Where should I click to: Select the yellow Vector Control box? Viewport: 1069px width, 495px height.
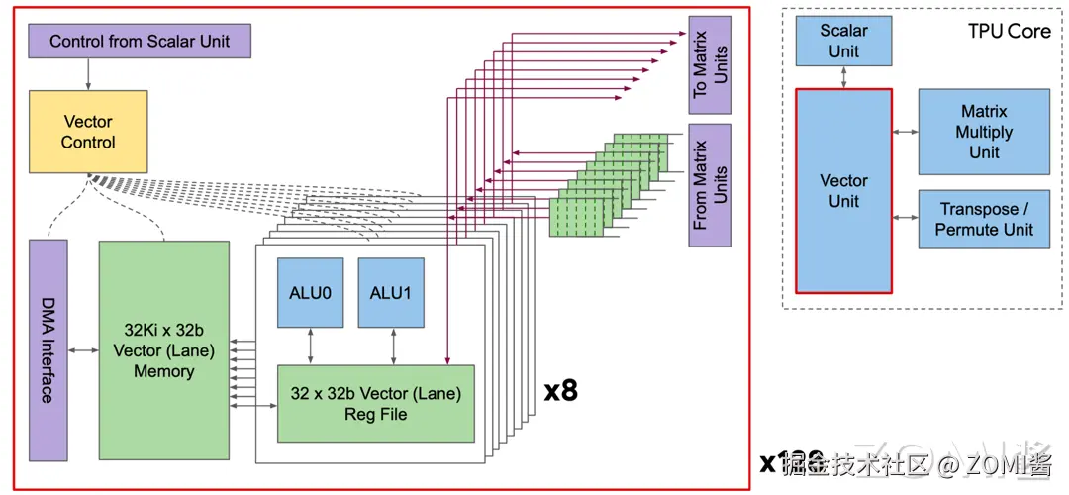coord(88,132)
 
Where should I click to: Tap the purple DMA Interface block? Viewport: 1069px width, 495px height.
coord(49,348)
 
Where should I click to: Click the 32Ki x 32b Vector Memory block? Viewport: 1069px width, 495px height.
coord(163,348)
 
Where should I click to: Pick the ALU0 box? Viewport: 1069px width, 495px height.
coord(310,292)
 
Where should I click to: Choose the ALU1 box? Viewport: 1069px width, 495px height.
coord(392,292)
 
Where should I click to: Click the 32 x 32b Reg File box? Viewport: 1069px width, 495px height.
coord(375,403)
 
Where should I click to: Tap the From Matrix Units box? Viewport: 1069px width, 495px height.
coord(710,183)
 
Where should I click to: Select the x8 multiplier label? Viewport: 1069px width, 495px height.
coord(561,390)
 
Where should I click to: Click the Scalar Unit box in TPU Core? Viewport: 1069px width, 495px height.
coord(843,41)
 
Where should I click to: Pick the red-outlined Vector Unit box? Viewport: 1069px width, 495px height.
coord(843,191)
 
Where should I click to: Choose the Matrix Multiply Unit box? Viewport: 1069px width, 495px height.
coord(983,132)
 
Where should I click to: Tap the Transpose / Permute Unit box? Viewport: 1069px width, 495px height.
coord(983,219)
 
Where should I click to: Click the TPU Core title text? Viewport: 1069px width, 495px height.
coord(1009,31)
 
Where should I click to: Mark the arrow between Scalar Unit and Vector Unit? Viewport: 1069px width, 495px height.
coord(843,77)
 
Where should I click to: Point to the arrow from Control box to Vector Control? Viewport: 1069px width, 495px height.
coord(88,73)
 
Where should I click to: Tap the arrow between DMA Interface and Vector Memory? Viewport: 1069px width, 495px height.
coord(83,348)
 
